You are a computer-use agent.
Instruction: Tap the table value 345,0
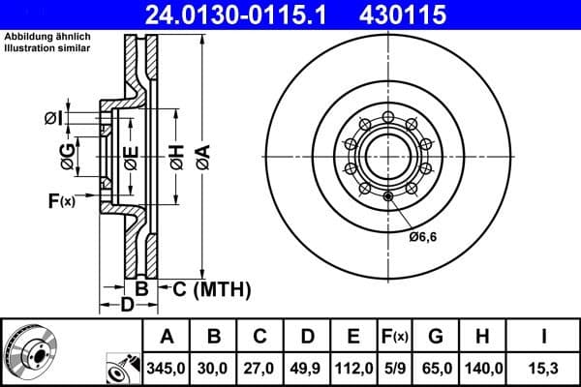(167, 368)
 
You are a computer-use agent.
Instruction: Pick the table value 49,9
(307, 368)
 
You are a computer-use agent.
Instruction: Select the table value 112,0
(353, 368)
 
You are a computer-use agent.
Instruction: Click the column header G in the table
(436, 337)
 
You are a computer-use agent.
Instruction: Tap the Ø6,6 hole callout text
(423, 237)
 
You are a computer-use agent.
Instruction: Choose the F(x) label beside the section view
(60, 201)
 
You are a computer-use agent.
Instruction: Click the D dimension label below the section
(126, 307)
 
